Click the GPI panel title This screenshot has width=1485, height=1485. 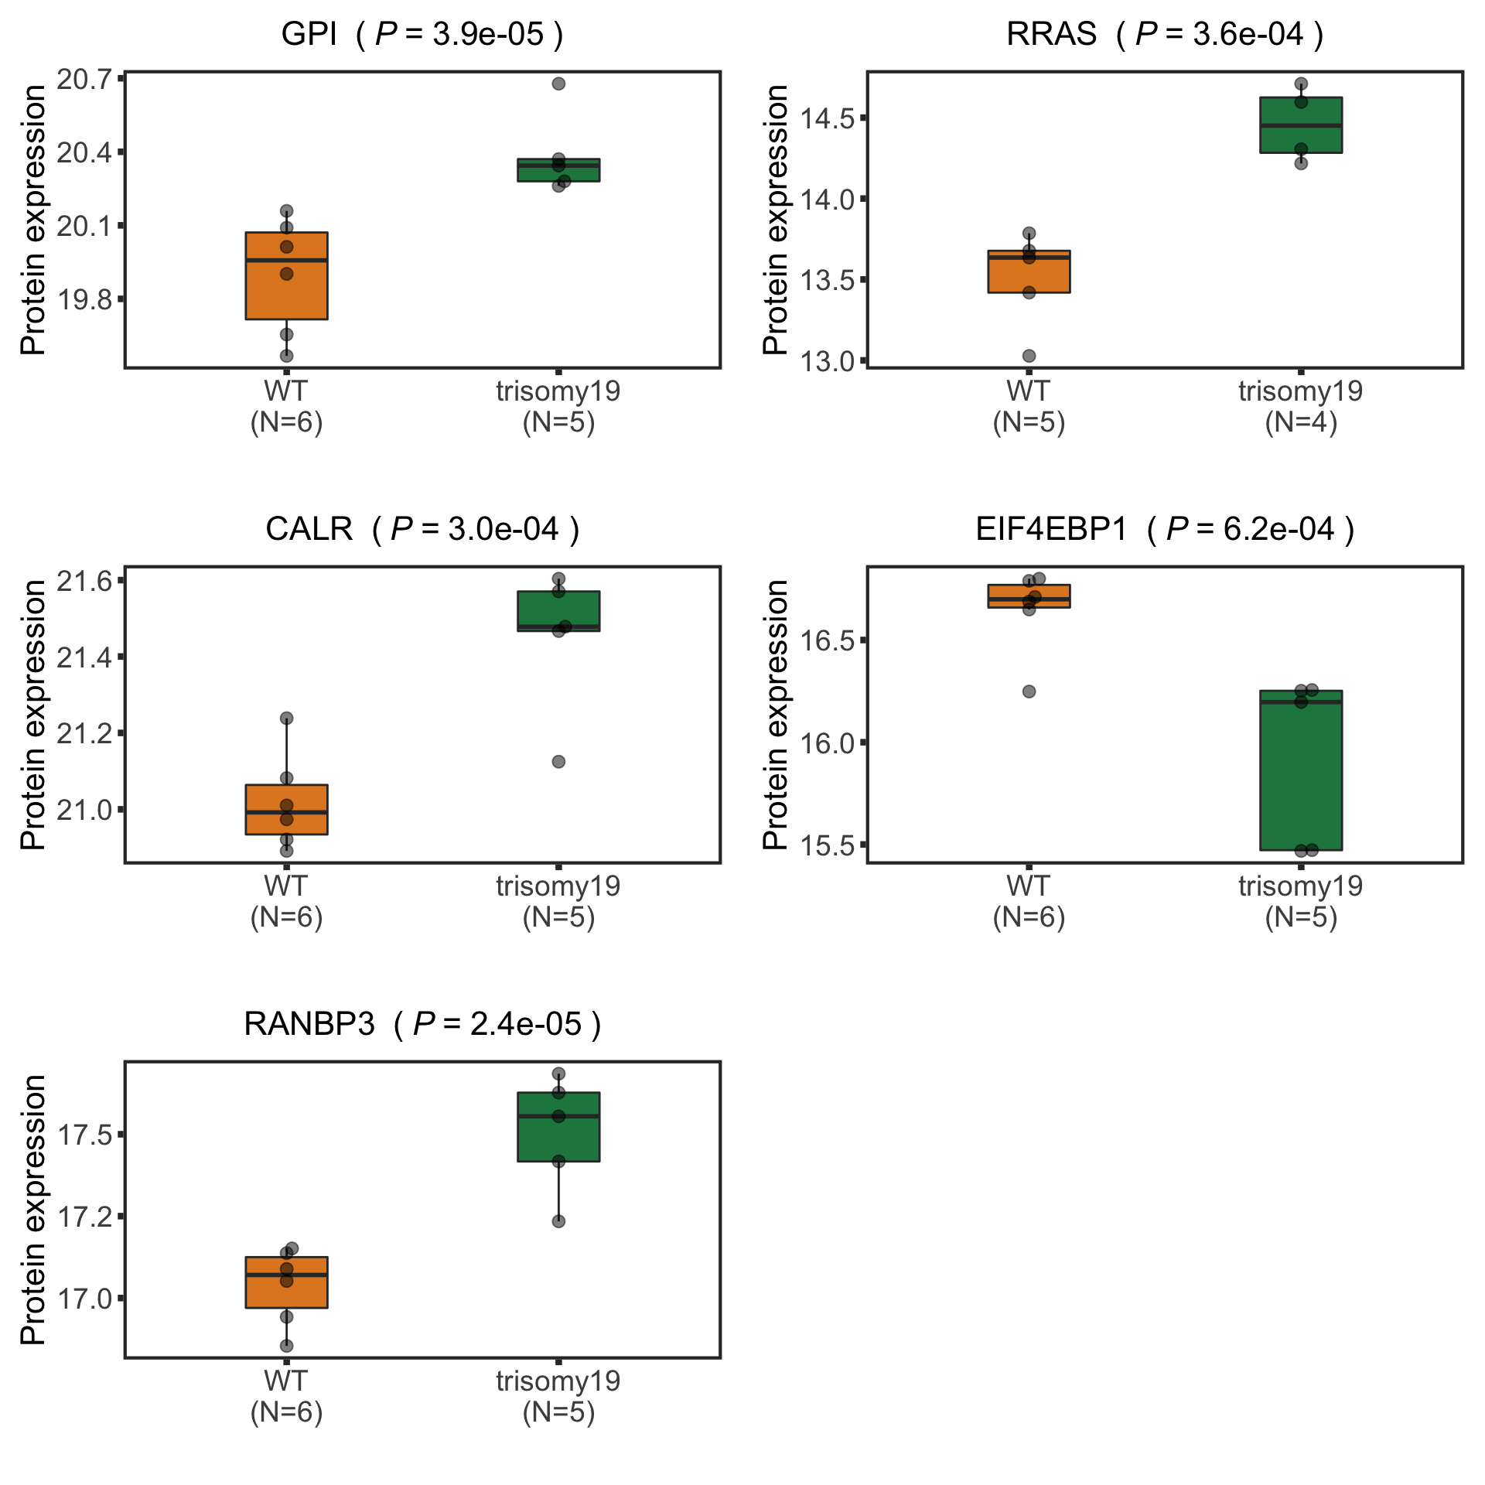422,35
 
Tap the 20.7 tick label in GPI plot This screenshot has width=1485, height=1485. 84,78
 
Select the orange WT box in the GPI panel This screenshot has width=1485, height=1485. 286,294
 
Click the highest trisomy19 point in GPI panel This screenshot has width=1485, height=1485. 558,84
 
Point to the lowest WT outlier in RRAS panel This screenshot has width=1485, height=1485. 1029,356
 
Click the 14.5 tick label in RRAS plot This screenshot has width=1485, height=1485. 827,118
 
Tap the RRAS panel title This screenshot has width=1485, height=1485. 1164,35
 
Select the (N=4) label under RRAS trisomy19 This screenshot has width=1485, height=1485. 1301,422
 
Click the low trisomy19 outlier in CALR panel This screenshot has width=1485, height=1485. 558,762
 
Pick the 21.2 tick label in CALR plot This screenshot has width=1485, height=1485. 84,732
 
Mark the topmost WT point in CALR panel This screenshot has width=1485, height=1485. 286,719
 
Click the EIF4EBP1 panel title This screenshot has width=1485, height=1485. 1164,530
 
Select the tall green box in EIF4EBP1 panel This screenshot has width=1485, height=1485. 1301,773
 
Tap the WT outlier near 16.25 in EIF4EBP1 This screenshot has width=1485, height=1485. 1029,691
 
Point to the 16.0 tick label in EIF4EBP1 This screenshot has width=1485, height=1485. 827,742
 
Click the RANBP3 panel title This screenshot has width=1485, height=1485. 422,1025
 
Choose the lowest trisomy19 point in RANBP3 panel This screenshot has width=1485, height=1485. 558,1221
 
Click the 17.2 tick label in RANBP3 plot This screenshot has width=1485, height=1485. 84,1217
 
